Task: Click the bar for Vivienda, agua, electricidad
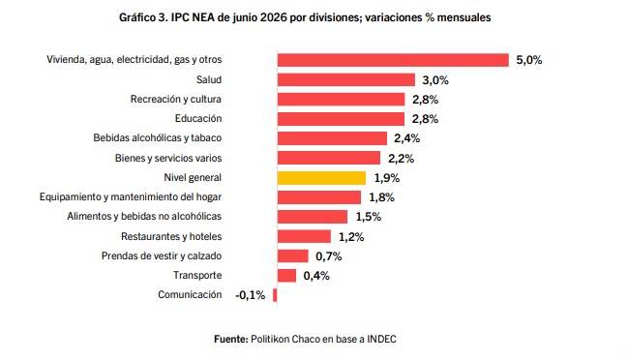(x=393, y=60)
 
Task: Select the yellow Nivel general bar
(x=321, y=178)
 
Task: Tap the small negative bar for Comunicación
(x=275, y=295)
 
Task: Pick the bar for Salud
(x=346, y=79)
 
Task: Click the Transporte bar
(x=286, y=276)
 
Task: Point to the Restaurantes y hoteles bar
(x=304, y=236)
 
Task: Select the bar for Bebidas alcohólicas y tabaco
(x=332, y=138)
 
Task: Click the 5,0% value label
(x=529, y=60)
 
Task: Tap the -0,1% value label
(x=251, y=295)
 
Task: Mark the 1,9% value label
(x=387, y=178)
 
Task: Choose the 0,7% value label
(x=329, y=256)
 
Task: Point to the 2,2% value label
(x=401, y=159)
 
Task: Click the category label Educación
(x=198, y=118)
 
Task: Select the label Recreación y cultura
(x=176, y=99)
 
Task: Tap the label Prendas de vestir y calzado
(x=162, y=255)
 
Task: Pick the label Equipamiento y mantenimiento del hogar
(x=131, y=197)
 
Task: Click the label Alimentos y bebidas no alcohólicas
(x=144, y=216)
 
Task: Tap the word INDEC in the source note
(x=381, y=339)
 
